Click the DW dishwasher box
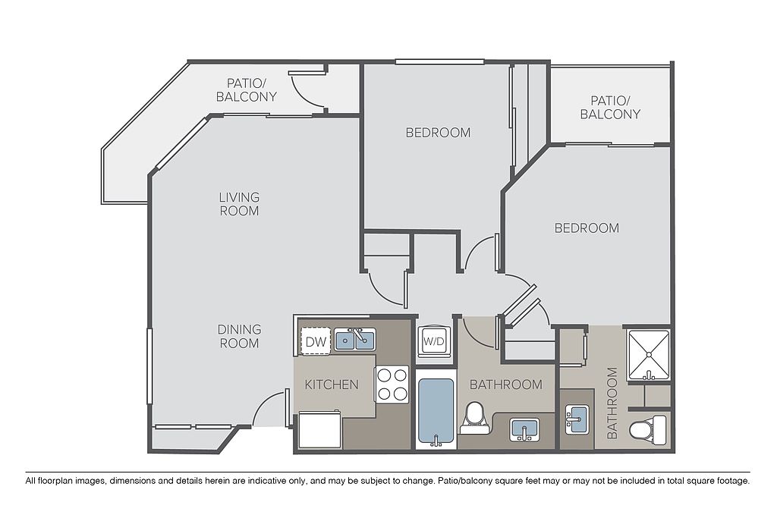click(316, 341)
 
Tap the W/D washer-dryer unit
click(434, 341)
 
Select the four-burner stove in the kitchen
click(392, 385)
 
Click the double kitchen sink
click(355, 340)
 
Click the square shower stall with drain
click(649, 355)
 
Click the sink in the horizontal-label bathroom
click(525, 429)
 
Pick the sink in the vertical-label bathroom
click(577, 419)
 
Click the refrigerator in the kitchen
click(319, 430)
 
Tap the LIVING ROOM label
click(239, 204)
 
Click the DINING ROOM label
click(239, 336)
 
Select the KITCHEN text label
click(332, 385)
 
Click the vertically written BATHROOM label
click(612, 403)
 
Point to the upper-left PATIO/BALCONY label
click(247, 89)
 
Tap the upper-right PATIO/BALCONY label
click(611, 108)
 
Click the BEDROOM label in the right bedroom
click(587, 228)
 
